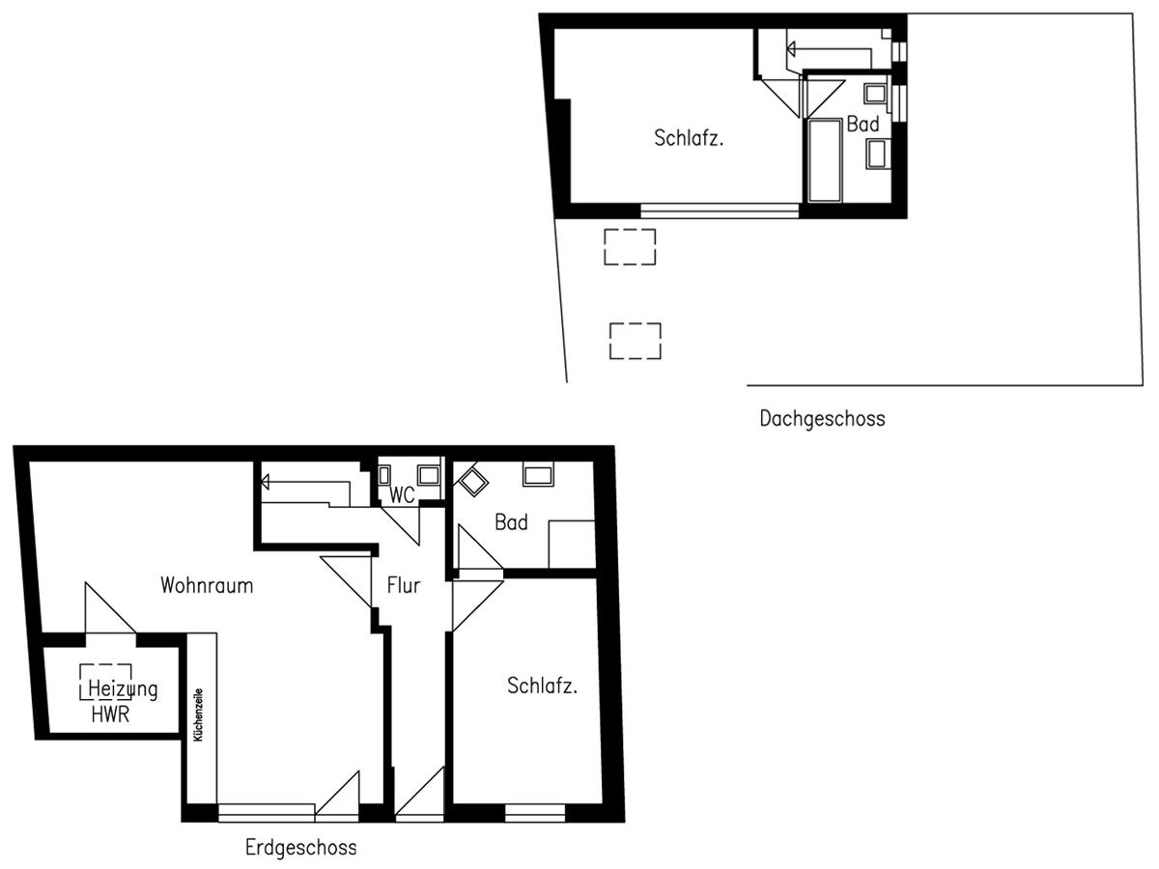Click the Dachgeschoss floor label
[x=822, y=419]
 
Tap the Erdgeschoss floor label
[x=300, y=848]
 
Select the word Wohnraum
[x=207, y=585]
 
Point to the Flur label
[x=404, y=585]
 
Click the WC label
[x=403, y=496]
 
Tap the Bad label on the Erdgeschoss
[x=511, y=522]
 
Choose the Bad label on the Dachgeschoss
[x=862, y=125]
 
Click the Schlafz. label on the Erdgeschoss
[x=543, y=687]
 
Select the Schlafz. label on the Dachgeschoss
[x=690, y=137]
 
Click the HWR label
[x=110, y=715]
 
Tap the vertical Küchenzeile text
[x=198, y=714]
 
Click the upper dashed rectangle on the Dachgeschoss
[x=630, y=246]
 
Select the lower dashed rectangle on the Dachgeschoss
[x=636, y=341]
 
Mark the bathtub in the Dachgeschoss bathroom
[x=824, y=160]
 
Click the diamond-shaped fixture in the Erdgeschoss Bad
[x=473, y=481]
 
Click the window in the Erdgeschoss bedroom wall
[x=534, y=812]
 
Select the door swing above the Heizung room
[x=108, y=610]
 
